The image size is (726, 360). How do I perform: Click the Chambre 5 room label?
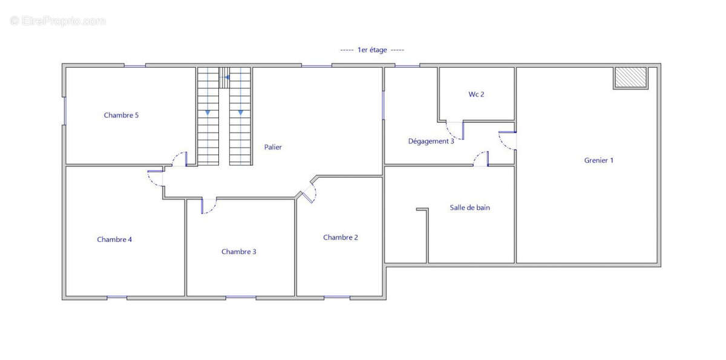click(x=121, y=115)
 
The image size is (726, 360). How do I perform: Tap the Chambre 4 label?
click(x=114, y=240)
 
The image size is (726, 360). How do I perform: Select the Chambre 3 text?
click(x=238, y=252)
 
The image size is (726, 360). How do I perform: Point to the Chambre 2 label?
click(x=340, y=237)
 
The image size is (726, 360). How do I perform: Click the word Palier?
click(x=273, y=147)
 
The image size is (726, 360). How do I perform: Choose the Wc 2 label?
click(x=476, y=94)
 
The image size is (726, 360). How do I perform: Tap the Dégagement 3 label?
click(x=431, y=142)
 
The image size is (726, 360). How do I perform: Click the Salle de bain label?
click(x=469, y=208)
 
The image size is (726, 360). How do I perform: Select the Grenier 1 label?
click(x=598, y=160)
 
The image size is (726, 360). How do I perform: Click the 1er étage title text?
click(x=372, y=50)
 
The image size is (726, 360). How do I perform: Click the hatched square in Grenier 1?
click(x=630, y=78)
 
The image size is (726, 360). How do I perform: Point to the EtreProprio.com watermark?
click(x=57, y=21)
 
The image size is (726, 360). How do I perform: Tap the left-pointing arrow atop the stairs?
click(x=227, y=77)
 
